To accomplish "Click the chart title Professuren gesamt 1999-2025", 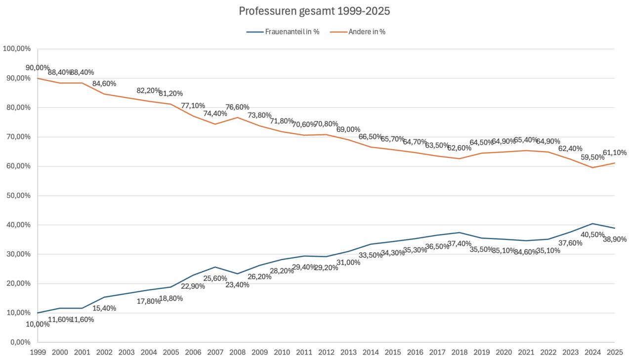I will [314, 11].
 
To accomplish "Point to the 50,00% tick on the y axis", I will [17, 196].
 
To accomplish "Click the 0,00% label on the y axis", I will [19, 342].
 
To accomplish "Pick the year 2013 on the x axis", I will [348, 353].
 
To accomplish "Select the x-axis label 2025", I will [614, 353].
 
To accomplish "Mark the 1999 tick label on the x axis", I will [38, 353].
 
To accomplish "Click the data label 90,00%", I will [38, 68].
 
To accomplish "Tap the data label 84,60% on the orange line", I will [104, 83].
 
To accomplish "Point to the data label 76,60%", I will [237, 107].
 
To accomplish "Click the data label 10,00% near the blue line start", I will [38, 324].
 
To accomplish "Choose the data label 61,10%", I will [614, 153].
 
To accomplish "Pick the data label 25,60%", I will [215, 279].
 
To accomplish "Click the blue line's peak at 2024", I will [592, 224].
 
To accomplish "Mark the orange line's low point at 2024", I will [592, 167].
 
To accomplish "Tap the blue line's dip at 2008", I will [238, 274].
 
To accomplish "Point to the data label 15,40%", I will [104, 308].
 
